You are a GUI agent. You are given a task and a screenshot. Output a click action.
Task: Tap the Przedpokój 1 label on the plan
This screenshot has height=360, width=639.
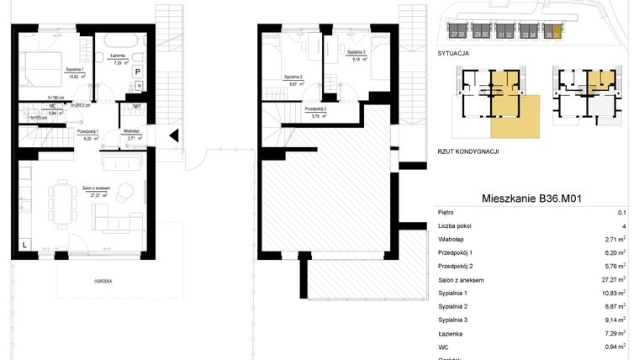coord(88,132)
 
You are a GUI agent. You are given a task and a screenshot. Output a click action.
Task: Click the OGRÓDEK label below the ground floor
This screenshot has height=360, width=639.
coord(103,282)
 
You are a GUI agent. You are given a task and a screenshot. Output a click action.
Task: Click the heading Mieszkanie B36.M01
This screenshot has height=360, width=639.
coord(532,199)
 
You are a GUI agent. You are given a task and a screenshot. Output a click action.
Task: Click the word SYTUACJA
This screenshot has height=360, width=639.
coord(453,53)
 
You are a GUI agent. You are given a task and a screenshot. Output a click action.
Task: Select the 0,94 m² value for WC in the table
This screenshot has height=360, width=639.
coord(618,347)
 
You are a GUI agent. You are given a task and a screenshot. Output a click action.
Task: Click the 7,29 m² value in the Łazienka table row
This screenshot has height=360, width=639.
coord(618,334)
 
